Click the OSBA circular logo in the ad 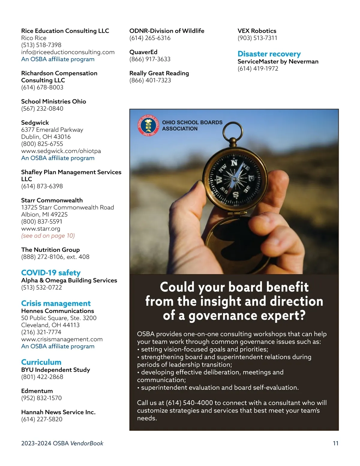(x=148, y=125)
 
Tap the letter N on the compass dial (x=234, y=163)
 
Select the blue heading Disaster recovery (x=269, y=54)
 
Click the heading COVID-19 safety (x=51, y=273)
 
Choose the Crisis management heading (x=56, y=303)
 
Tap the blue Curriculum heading (x=41, y=362)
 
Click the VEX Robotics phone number (x=257, y=38)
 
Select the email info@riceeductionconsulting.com (x=68, y=52)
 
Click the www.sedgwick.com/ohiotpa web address (x=61, y=151)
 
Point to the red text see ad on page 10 (x=48, y=236)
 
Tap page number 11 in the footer (x=336, y=443)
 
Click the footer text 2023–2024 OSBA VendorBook (x=62, y=443)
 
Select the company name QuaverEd (x=143, y=52)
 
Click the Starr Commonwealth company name (x=52, y=200)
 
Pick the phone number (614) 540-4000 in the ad (x=189, y=403)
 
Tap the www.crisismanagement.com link (x=62, y=339)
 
